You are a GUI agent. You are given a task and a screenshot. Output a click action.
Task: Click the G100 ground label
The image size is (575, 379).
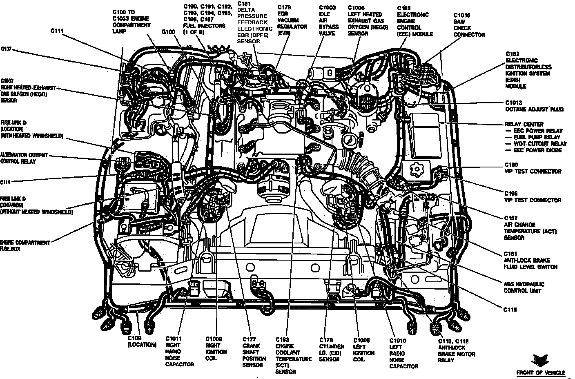(x=168, y=31)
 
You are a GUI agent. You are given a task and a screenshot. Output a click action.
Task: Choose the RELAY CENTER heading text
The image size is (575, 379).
(x=524, y=124)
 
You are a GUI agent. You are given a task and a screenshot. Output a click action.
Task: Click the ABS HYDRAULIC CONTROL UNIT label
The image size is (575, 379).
(x=524, y=288)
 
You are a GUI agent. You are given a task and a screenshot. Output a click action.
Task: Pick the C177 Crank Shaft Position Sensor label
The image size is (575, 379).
(x=254, y=352)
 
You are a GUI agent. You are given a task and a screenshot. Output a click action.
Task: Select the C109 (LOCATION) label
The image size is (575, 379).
(x=141, y=341)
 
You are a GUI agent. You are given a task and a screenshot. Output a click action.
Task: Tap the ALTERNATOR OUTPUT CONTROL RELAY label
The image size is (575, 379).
(x=24, y=158)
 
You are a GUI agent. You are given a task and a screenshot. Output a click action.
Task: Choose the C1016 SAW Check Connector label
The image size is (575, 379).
(x=469, y=25)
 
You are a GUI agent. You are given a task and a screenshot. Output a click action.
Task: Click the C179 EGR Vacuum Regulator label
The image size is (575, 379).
(x=292, y=20)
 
